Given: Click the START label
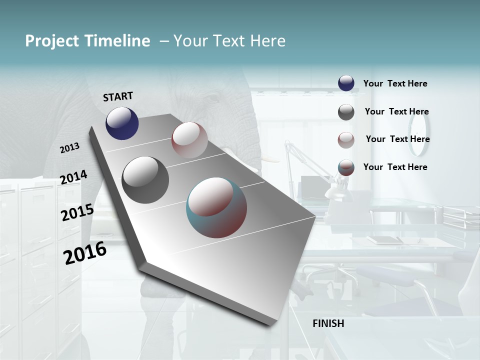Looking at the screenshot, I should click(x=118, y=96).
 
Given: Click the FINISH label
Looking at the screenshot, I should click(x=328, y=323).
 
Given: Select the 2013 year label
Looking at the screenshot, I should click(x=70, y=147).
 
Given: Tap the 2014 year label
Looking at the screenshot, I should click(x=73, y=177).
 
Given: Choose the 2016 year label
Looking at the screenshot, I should click(x=85, y=253).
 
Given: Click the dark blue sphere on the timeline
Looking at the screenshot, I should click(x=122, y=123).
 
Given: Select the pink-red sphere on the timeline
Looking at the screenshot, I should click(x=189, y=139).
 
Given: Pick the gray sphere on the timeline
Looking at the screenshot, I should click(x=145, y=179).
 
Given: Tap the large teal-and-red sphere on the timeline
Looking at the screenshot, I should click(x=216, y=207).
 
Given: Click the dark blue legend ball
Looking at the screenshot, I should click(x=346, y=83).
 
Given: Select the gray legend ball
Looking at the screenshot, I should click(x=346, y=112).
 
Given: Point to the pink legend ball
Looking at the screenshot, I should click(x=346, y=140).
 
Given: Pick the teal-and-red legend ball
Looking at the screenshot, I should click(x=346, y=168).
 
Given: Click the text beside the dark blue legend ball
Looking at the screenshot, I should click(x=395, y=84).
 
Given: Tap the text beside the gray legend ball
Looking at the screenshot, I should click(x=396, y=112).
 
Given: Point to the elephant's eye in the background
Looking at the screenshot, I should click(x=214, y=98).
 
